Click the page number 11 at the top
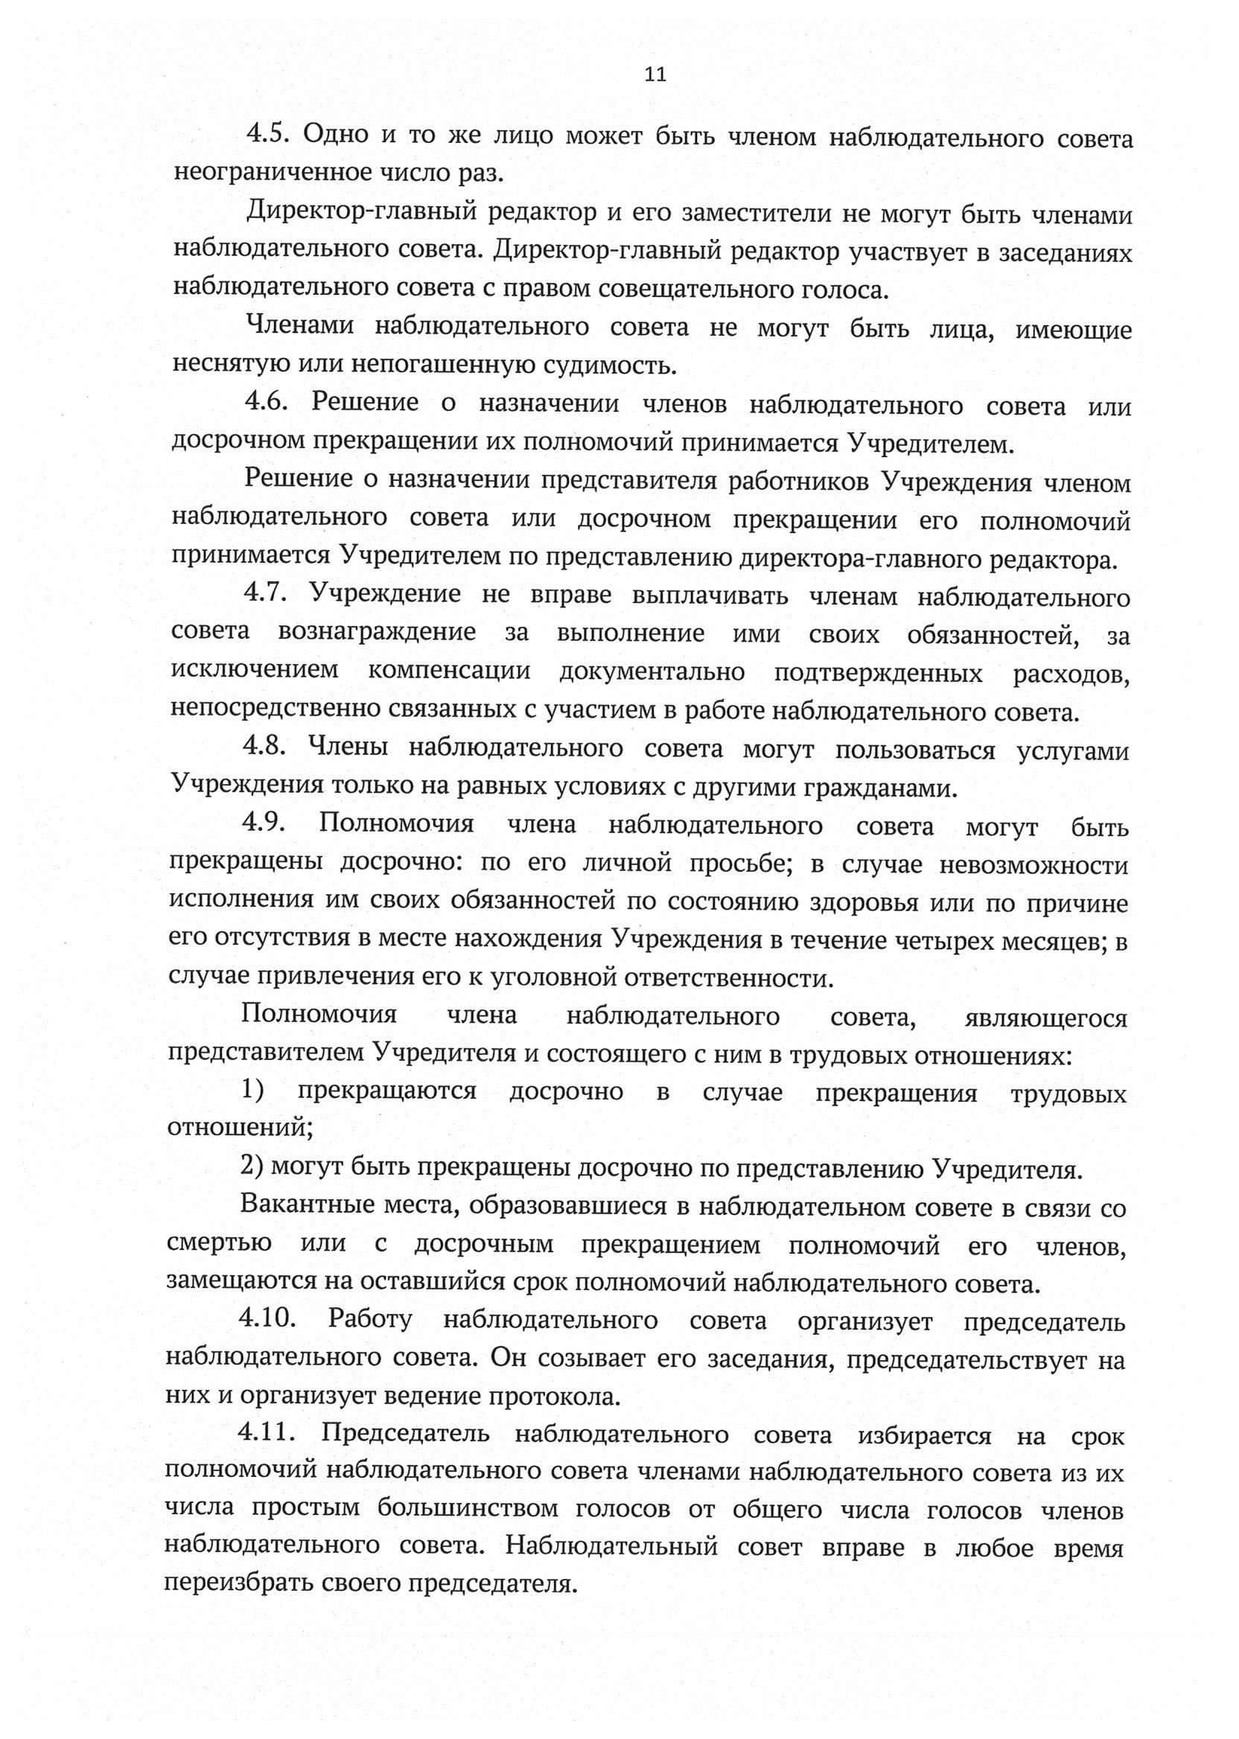(655, 74)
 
